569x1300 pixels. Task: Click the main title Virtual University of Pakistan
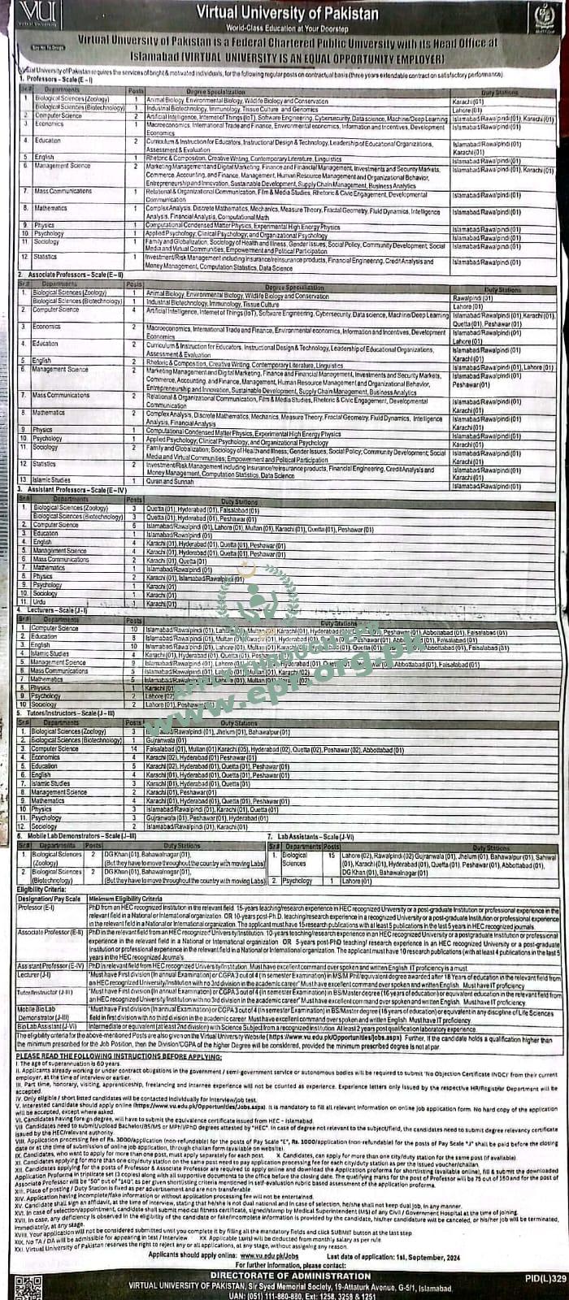pyautogui.click(x=287, y=15)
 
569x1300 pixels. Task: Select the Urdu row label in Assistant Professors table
pyautogui.click(x=41, y=603)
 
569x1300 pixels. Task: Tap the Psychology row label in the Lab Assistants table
pyautogui.click(x=298, y=881)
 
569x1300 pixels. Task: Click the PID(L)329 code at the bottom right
pyautogui.click(x=545, y=1278)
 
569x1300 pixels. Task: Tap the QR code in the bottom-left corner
pyautogui.click(x=28, y=1287)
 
